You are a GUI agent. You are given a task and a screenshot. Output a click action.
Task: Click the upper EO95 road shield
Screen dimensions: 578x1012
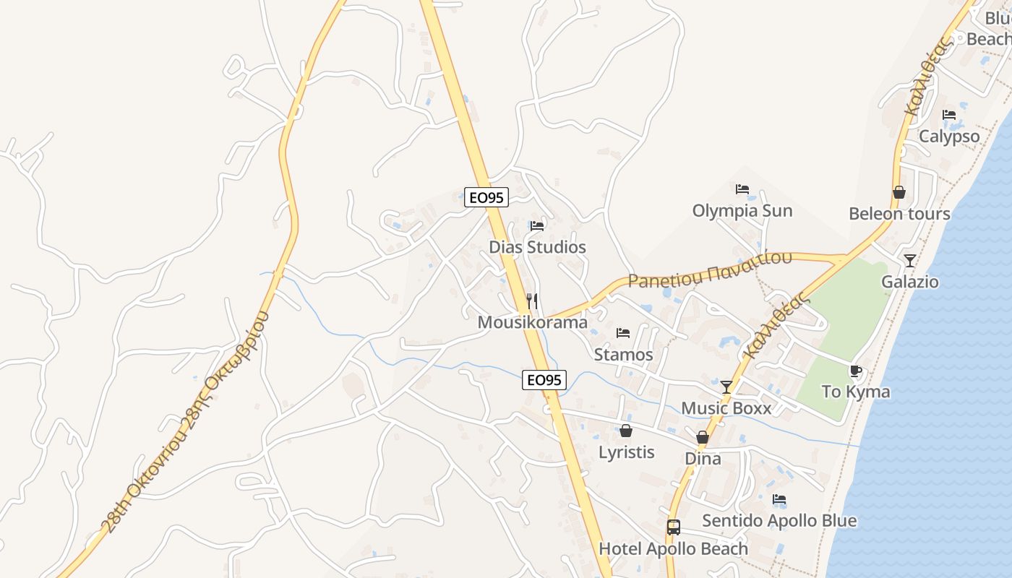click(x=486, y=197)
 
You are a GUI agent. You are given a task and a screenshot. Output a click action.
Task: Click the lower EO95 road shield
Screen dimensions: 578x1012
click(x=544, y=379)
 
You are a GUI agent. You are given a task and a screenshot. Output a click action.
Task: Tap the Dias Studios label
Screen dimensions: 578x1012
click(x=537, y=247)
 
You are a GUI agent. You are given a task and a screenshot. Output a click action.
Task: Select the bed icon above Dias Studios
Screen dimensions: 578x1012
click(x=536, y=225)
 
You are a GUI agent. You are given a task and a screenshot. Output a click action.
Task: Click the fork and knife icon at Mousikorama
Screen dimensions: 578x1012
click(x=532, y=301)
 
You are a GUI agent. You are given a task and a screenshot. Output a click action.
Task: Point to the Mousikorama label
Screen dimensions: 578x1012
click(x=532, y=322)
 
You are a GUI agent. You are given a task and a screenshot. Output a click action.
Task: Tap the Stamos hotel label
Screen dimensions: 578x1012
click(x=623, y=355)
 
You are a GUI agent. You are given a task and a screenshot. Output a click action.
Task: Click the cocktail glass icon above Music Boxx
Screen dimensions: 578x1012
click(x=726, y=387)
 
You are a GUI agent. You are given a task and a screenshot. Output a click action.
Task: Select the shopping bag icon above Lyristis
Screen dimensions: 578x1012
click(x=626, y=431)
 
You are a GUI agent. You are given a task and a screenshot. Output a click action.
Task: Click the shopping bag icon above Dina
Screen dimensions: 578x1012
click(x=702, y=437)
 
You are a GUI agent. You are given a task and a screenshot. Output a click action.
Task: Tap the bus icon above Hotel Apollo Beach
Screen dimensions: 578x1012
click(x=673, y=527)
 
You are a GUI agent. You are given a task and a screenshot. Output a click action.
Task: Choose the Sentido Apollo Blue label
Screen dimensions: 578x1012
click(x=779, y=521)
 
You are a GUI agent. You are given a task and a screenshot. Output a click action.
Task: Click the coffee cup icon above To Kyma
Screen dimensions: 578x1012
click(x=856, y=371)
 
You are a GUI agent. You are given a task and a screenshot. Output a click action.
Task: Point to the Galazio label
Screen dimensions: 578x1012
click(x=909, y=282)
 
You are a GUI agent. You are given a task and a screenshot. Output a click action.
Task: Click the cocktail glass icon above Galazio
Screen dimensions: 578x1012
click(x=909, y=260)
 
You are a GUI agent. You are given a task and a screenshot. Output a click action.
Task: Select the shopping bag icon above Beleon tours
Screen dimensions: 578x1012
click(x=899, y=192)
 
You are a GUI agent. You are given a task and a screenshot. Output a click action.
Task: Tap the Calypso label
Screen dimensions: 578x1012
click(x=949, y=136)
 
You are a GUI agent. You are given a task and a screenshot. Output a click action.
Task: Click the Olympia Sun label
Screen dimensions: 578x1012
click(x=742, y=211)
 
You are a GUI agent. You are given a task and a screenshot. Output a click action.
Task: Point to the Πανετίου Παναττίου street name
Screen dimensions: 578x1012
click(x=710, y=269)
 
